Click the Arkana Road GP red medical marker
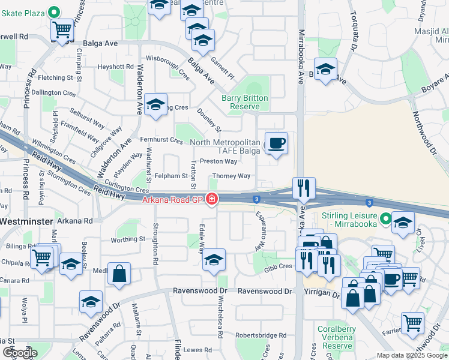pos(211,199)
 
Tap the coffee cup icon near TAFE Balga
pos(276,143)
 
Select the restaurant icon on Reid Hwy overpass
pos(304,188)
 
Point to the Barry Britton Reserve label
pos(244,102)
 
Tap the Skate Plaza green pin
pos(53,11)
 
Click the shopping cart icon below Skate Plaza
pos(62,28)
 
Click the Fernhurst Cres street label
pos(160,140)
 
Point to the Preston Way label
pos(218,161)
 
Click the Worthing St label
pos(128,239)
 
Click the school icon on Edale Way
pos(213,260)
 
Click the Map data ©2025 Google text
pos(411,355)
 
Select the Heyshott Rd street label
pos(116,67)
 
